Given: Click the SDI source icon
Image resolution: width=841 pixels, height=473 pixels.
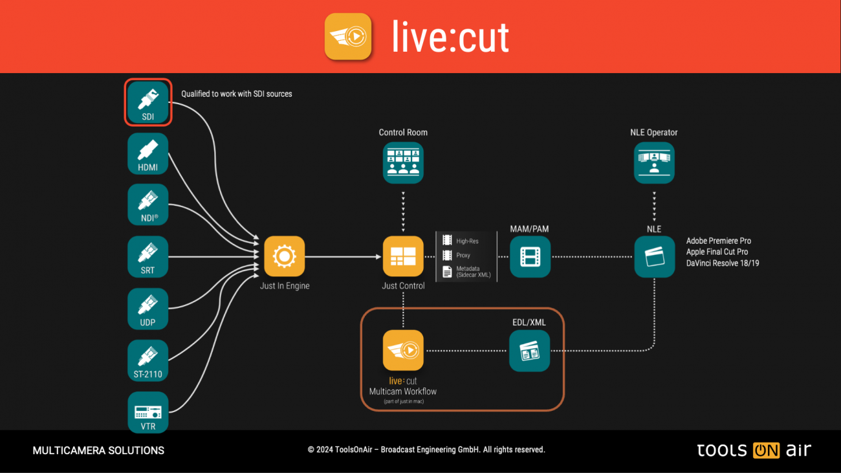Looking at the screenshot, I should click(148, 102).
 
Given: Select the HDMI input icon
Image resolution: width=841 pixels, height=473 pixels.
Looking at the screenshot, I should click(148, 153).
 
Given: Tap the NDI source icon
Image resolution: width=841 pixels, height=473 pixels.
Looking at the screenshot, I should click(148, 204).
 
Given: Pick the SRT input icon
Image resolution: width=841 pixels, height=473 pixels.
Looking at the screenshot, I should click(148, 256).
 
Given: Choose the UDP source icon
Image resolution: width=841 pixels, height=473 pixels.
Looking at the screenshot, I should click(148, 308).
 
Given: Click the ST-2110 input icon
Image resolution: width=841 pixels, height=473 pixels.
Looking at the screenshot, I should click(148, 360).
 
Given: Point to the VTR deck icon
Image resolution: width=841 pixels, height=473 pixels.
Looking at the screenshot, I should click(148, 412).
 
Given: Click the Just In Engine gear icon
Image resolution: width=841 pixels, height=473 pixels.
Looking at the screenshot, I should click(284, 256).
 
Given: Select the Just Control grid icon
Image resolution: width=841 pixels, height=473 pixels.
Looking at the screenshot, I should click(403, 256).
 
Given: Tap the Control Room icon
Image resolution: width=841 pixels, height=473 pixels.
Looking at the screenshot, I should click(403, 162).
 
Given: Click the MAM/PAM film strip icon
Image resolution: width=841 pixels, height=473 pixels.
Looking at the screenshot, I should click(530, 256).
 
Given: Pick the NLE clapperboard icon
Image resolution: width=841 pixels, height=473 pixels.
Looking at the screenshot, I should click(654, 256).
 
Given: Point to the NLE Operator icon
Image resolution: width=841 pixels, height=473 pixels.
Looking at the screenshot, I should click(654, 162).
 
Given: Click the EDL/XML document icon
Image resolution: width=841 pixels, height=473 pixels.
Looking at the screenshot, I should click(529, 351).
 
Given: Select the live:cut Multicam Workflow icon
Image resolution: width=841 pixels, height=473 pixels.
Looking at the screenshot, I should click(403, 350).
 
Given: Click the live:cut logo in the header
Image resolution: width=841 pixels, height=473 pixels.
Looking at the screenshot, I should click(348, 36).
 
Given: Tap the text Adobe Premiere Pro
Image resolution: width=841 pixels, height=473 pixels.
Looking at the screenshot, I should click(718, 241).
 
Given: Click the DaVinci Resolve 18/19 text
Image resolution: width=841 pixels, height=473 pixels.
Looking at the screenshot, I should click(722, 263).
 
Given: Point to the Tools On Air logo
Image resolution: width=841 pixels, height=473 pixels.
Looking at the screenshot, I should click(754, 450).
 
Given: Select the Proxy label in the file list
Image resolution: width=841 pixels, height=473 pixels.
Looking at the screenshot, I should click(463, 256).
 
